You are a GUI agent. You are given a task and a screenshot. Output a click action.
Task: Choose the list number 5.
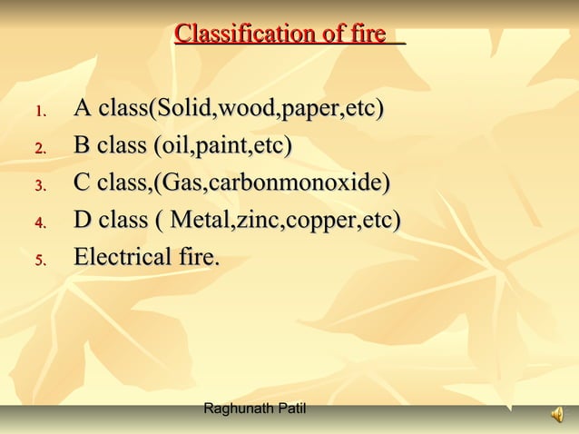[40, 261]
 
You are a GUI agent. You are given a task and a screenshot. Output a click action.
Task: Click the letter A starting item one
[82, 110]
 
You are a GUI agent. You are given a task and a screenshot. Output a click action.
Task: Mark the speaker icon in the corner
[555, 416]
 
